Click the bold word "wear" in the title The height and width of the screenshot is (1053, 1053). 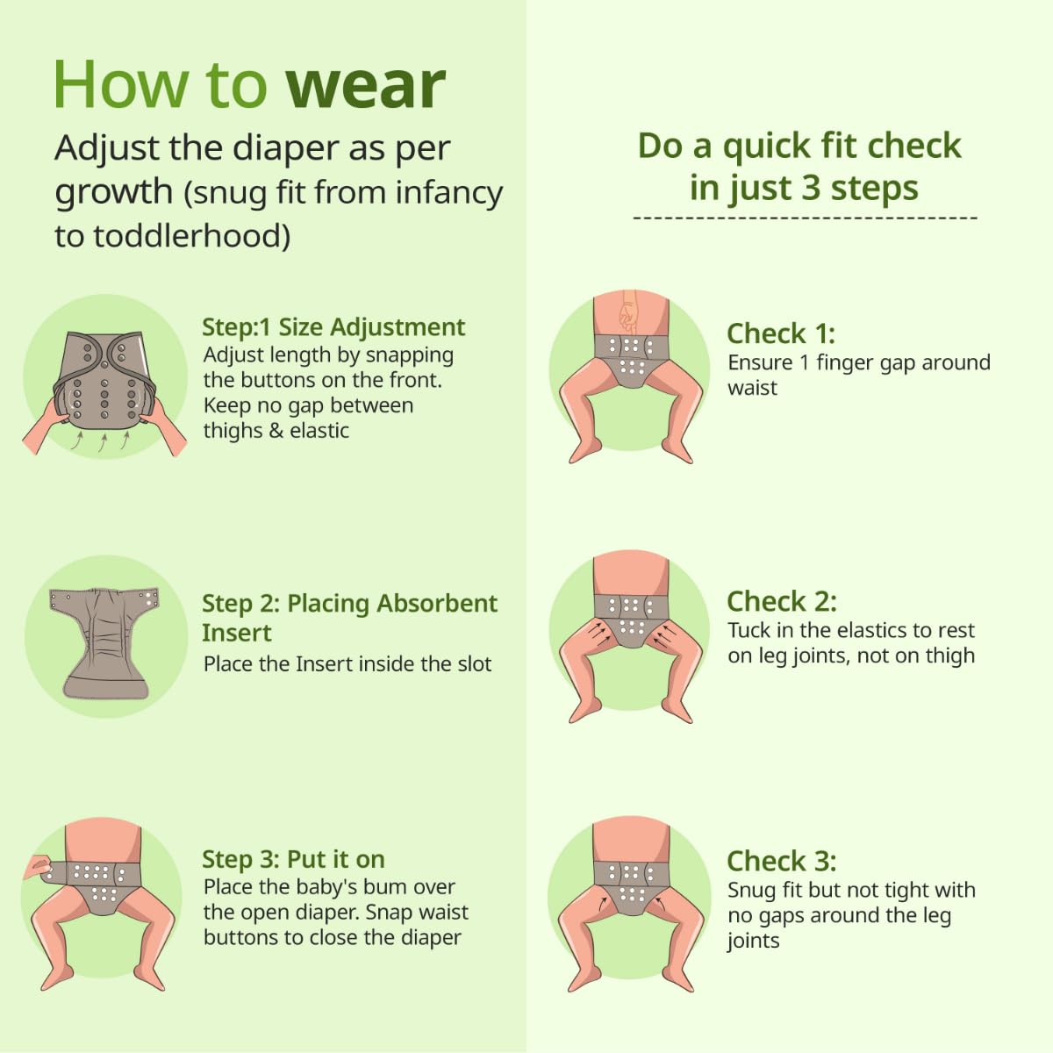click(x=365, y=86)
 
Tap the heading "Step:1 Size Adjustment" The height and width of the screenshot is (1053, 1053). click(x=333, y=327)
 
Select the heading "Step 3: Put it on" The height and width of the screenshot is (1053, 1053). click(x=293, y=860)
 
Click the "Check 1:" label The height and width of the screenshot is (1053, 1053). click(x=781, y=333)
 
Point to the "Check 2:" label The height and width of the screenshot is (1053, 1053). click(x=782, y=601)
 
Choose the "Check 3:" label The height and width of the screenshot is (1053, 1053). click(x=782, y=861)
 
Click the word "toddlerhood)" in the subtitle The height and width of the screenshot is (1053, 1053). click(x=192, y=237)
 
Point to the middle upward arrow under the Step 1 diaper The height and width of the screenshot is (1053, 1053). click(x=102, y=442)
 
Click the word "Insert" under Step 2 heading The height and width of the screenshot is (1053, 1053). click(x=237, y=633)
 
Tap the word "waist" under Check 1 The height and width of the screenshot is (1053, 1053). click(x=752, y=388)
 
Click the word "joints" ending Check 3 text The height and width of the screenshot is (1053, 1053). click(x=753, y=941)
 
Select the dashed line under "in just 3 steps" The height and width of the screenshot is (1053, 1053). click(x=805, y=218)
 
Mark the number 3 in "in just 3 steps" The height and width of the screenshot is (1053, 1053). click(x=812, y=188)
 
